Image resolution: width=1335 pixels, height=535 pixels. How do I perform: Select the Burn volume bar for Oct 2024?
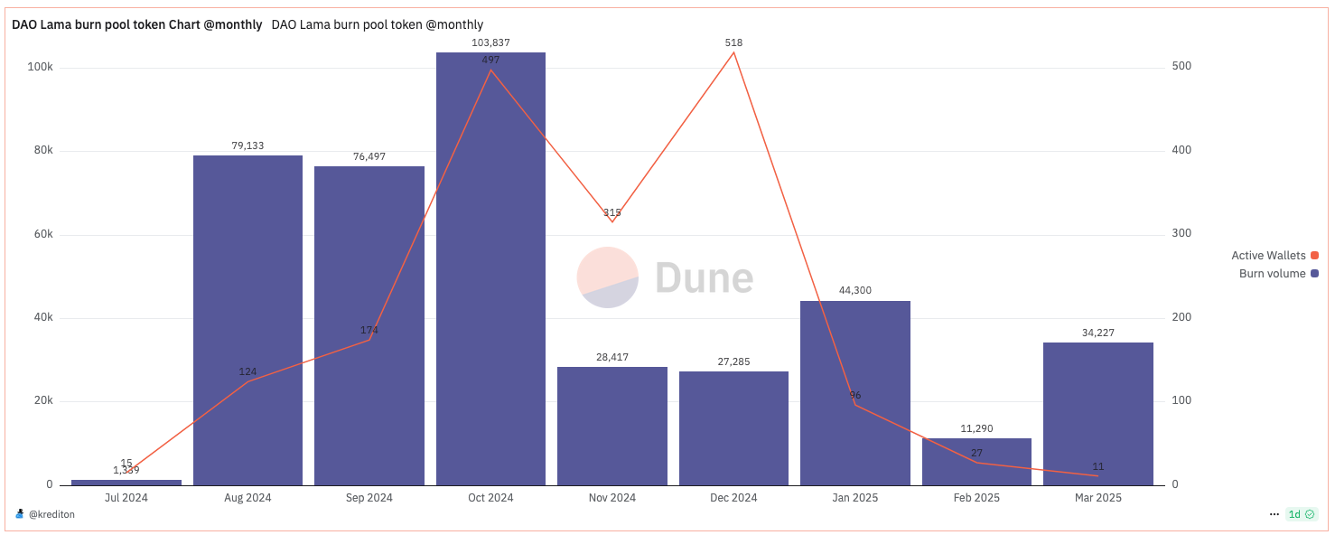[490, 271]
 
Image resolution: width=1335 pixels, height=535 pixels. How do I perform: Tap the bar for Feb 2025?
[976, 462]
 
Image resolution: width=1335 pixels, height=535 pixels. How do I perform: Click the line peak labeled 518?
[733, 52]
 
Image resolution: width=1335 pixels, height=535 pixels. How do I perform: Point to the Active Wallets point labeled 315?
[612, 221]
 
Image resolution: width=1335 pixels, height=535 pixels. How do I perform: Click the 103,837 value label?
[490, 42]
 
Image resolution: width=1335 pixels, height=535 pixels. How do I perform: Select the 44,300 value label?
[854, 290]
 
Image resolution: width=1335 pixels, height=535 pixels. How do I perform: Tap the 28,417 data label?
[612, 357]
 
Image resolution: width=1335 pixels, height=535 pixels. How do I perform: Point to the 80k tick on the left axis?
[42, 151]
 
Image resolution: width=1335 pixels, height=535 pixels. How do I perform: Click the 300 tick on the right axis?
[1181, 234]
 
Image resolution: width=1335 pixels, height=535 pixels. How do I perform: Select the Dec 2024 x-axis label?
[733, 498]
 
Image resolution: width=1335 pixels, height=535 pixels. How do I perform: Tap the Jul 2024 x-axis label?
[126, 498]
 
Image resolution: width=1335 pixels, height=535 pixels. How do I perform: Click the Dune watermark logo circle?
[608, 277]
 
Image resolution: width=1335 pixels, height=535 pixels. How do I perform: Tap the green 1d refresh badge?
[1302, 514]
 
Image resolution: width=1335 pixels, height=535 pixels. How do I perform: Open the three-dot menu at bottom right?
[1274, 514]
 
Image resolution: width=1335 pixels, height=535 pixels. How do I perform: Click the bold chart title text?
[136, 24]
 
